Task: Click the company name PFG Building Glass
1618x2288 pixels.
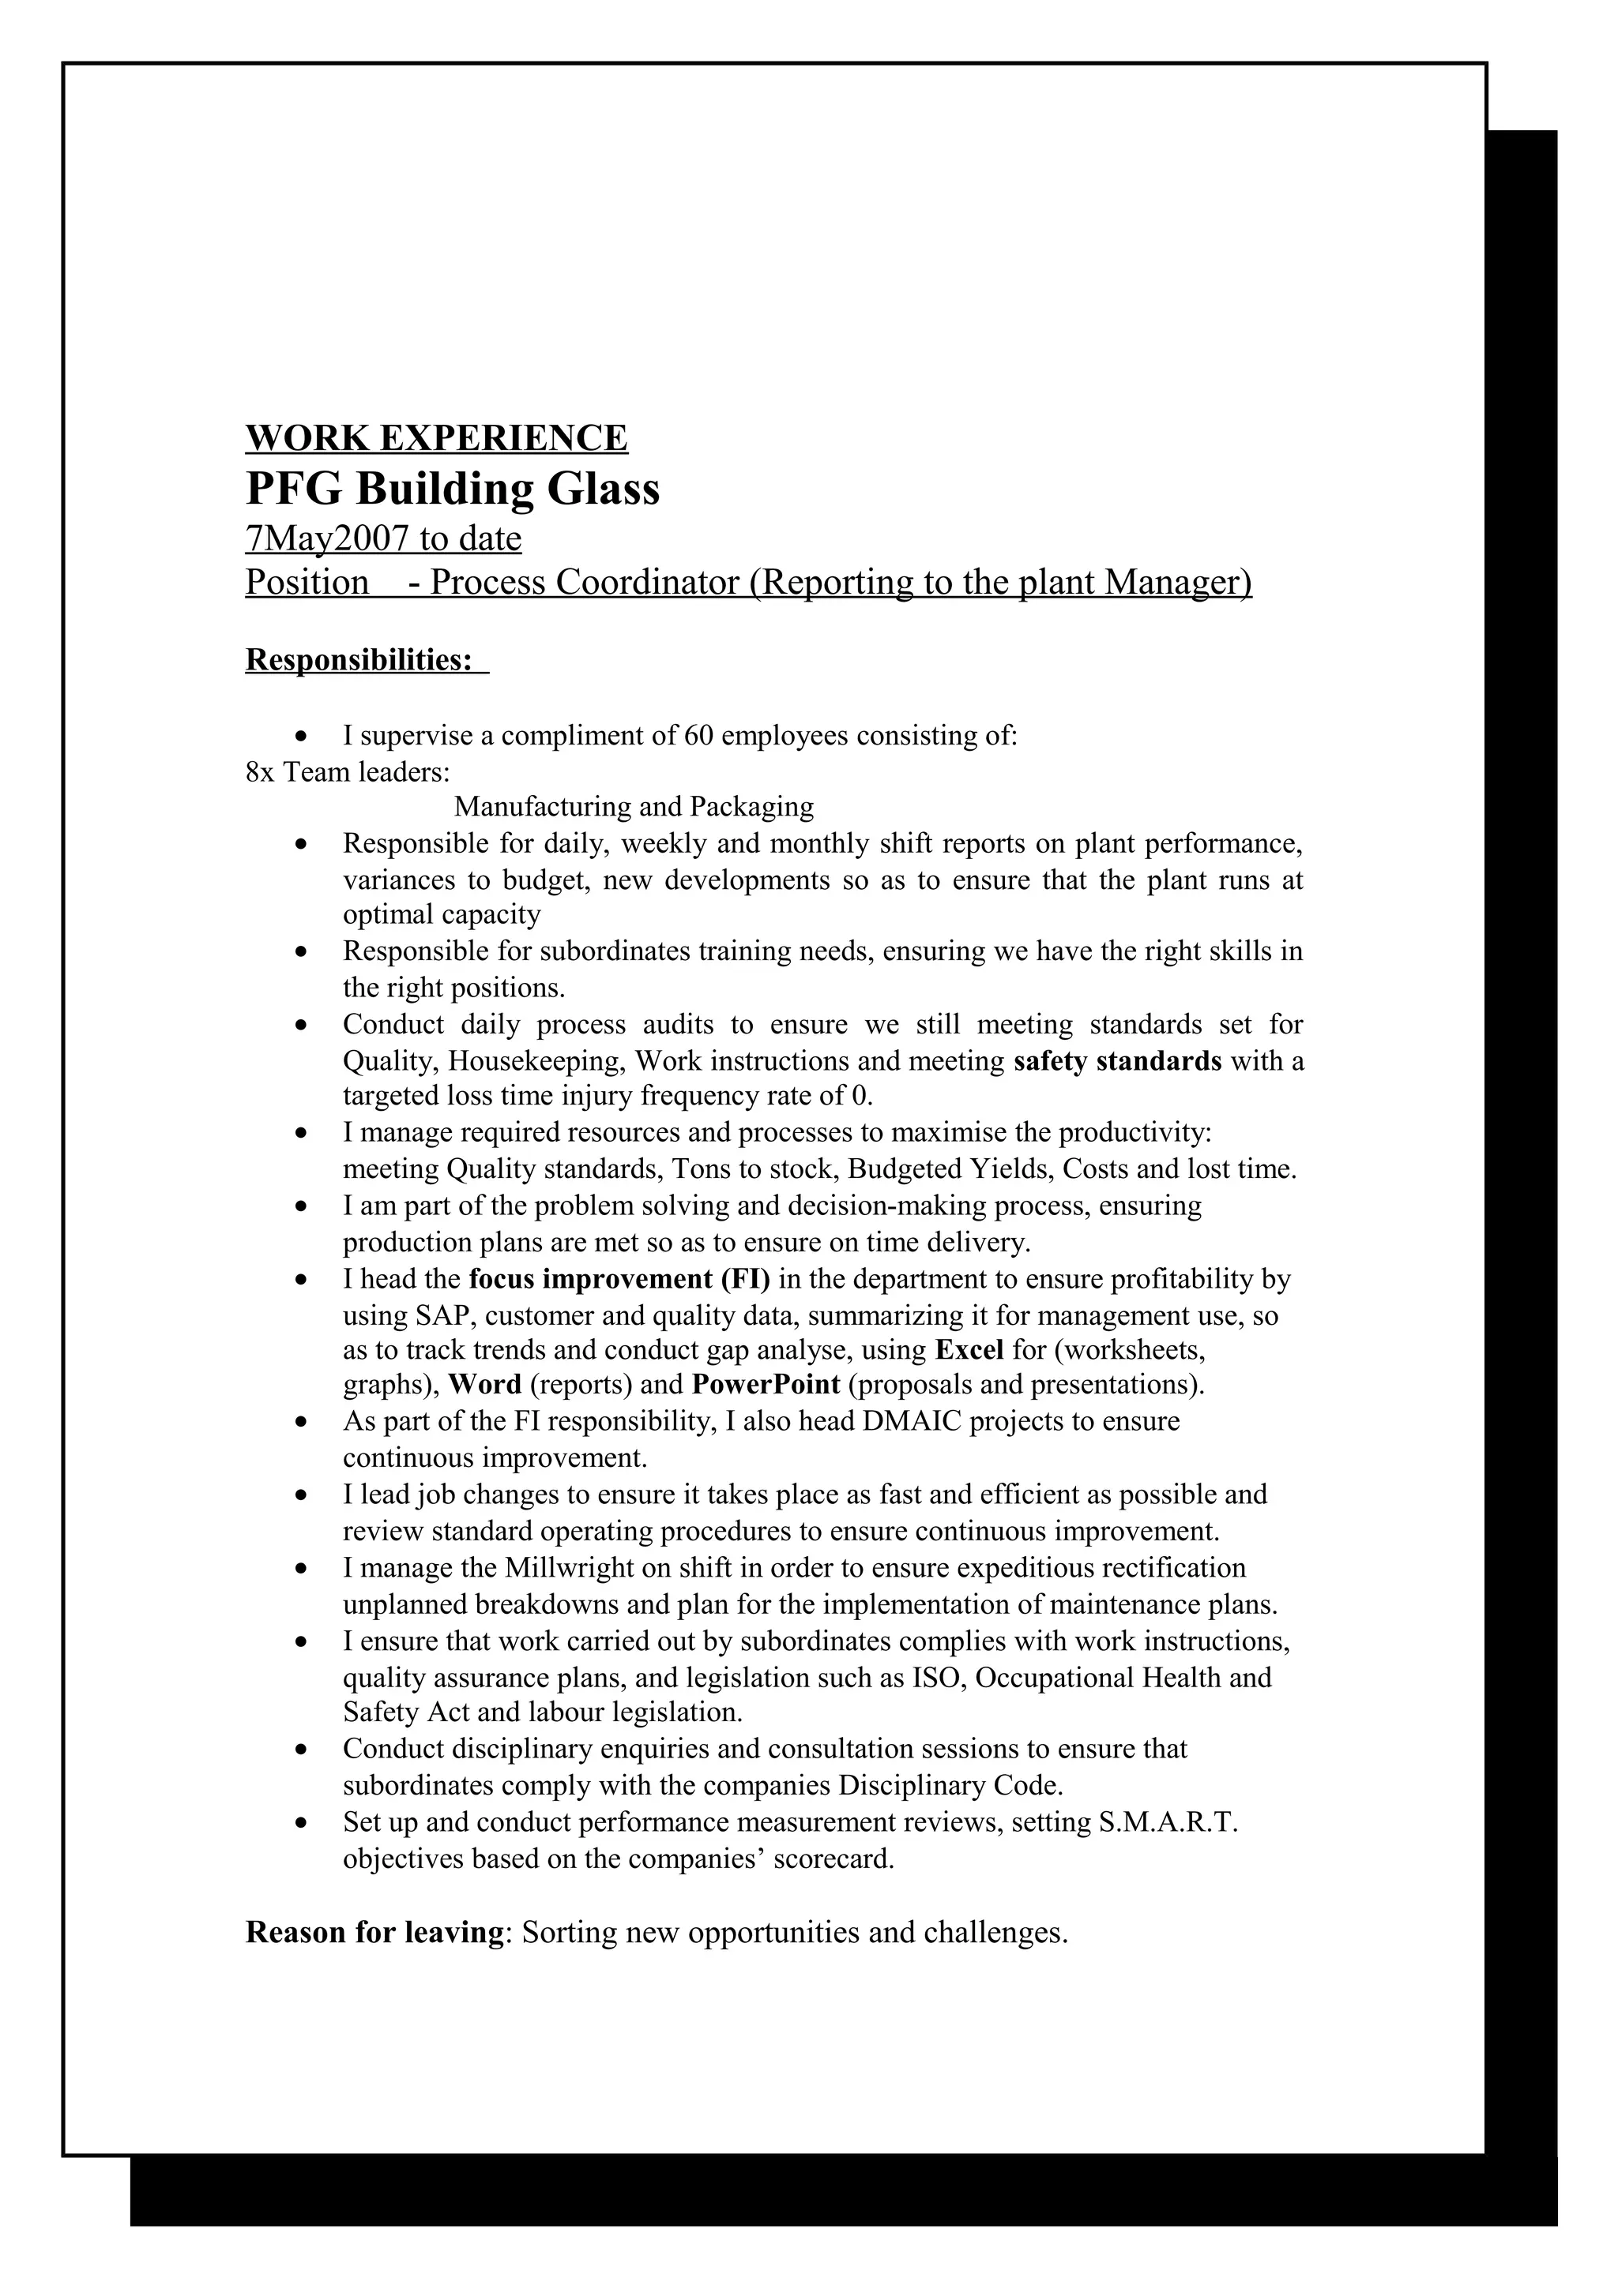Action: pyautogui.click(x=452, y=489)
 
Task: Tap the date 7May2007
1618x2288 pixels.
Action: pyautogui.click(x=327, y=539)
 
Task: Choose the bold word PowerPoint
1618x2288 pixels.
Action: pyautogui.click(x=766, y=1385)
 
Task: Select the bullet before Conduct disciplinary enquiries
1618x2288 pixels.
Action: pyautogui.click(x=302, y=1751)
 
